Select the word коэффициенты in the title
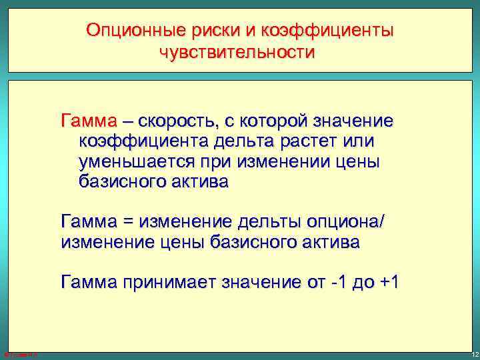pyautogui.click(x=322, y=31)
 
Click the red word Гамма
pyautogui.click(x=87, y=122)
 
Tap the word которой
pyautogui.click(x=288, y=122)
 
